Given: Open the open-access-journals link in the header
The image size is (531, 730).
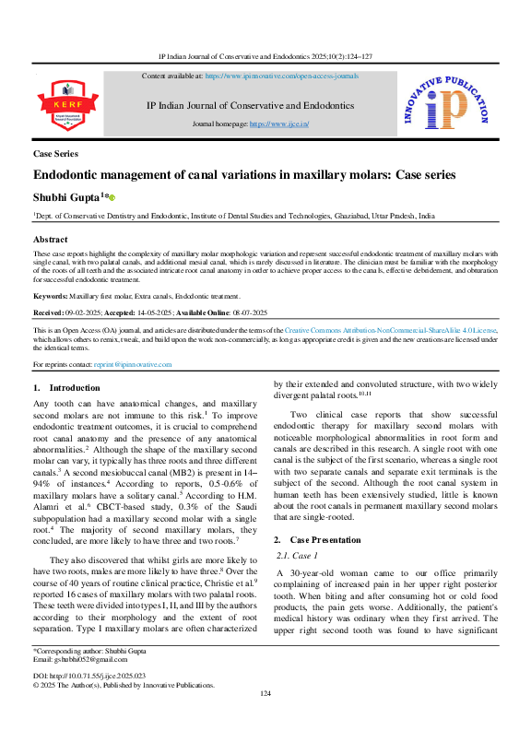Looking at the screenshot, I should pos(282,76).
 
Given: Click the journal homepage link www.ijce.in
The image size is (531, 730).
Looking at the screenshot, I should pos(278,123).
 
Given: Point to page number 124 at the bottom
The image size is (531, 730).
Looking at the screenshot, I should pos(265,719).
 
